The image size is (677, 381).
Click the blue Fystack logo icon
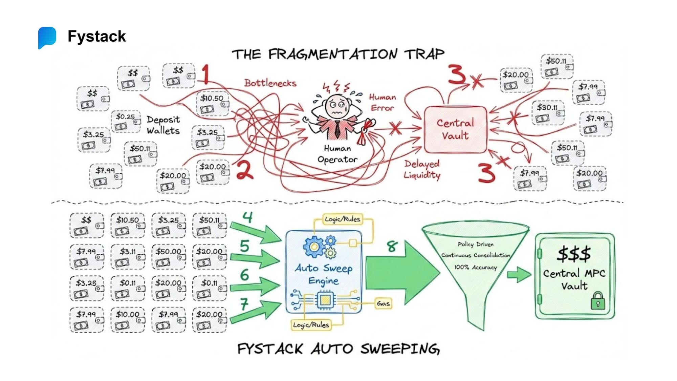pos(47,37)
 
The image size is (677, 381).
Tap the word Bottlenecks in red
pos(270,83)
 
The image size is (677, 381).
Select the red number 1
pos(205,74)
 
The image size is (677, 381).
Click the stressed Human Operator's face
pos(336,106)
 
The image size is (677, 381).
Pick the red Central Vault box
pos(455,129)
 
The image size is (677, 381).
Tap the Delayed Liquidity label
pos(422,169)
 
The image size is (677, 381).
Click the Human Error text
pos(383,103)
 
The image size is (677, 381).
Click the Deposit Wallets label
pos(163,125)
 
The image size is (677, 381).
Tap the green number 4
pos(248,217)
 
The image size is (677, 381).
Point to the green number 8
pos(392,246)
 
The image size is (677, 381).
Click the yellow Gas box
pos(383,303)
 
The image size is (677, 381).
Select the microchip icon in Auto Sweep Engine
pos(325,300)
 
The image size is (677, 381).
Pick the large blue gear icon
pos(313,247)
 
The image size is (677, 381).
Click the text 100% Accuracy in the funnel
pos(475,267)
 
